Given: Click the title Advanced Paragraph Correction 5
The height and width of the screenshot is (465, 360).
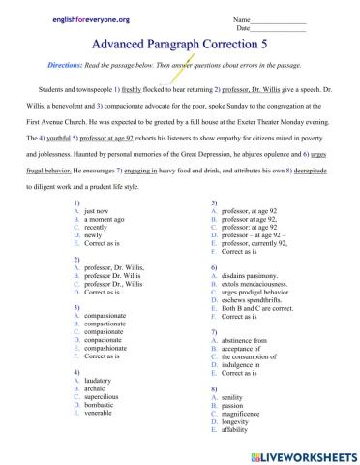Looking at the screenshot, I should click(x=179, y=44).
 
